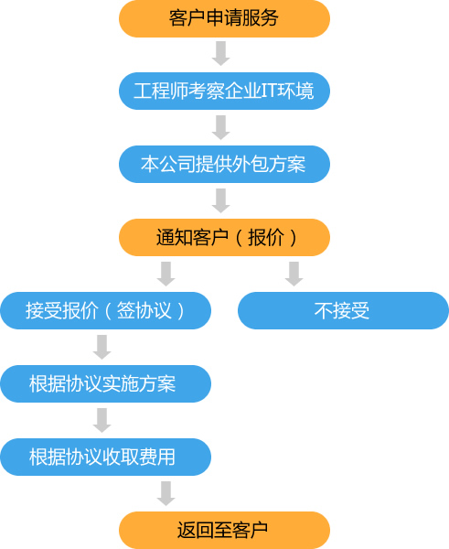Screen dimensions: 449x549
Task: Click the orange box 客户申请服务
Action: tap(224, 18)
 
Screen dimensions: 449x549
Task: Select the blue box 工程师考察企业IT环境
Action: tap(224, 91)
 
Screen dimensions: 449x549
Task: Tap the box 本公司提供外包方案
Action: tap(224, 164)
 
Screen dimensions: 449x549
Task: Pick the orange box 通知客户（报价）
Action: tap(224, 237)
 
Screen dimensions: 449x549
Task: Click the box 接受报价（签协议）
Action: tap(106, 310)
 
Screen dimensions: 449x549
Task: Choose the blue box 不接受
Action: tap(343, 310)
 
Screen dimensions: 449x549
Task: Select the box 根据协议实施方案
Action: tap(106, 383)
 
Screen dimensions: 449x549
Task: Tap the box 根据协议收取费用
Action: tap(106, 457)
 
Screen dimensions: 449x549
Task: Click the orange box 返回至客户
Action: tap(224, 530)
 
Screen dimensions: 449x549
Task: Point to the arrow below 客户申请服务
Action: tap(220, 53)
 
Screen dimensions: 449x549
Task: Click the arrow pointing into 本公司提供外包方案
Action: tap(220, 127)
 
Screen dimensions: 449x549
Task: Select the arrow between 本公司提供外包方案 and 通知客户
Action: tap(220, 200)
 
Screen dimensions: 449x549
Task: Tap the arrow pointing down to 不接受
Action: tap(294, 274)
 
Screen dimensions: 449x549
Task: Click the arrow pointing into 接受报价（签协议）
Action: tap(166, 274)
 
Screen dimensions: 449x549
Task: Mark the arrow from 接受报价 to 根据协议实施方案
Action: tap(102, 347)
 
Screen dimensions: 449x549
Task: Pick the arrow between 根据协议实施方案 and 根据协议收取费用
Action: tap(102, 420)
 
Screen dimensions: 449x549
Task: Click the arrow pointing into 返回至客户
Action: tap(166, 493)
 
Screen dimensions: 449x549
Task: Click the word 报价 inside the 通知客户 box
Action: tap(266, 238)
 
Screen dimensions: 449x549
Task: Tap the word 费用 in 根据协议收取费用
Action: tap(157, 457)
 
